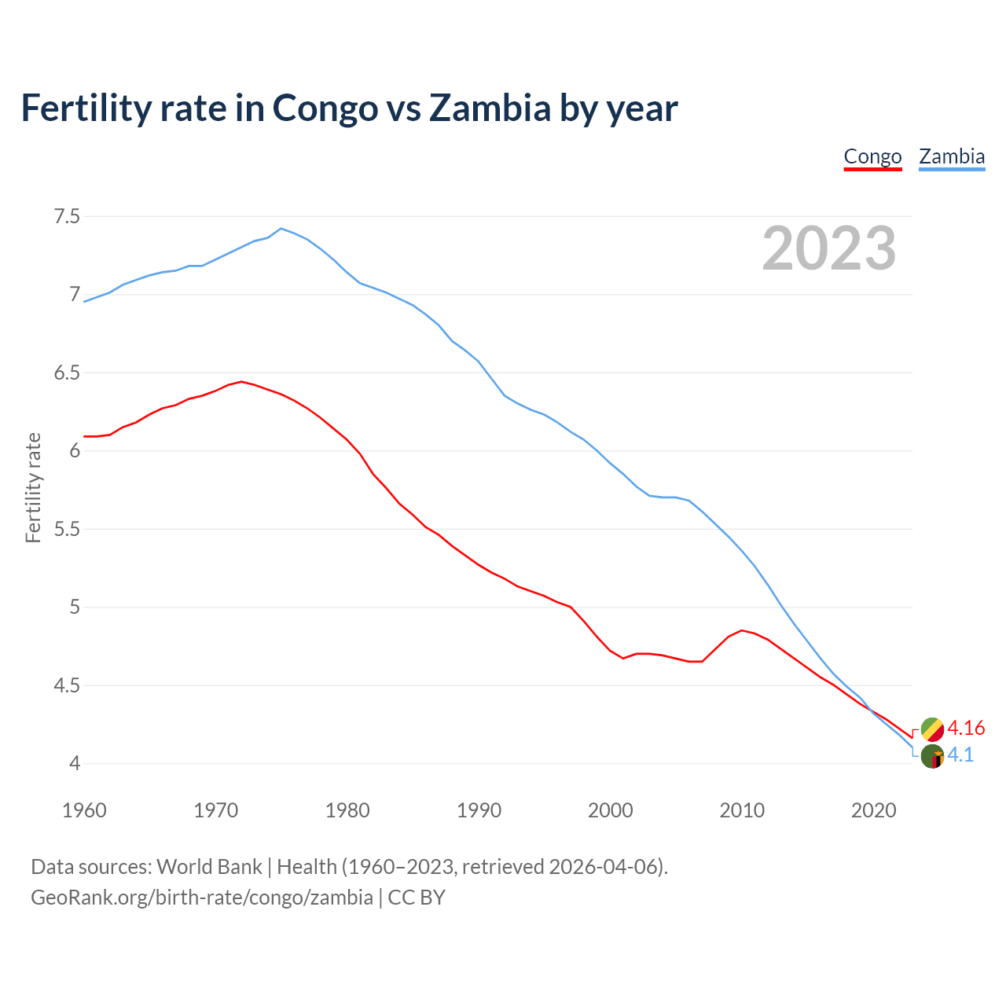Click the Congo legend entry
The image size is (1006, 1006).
point(872,156)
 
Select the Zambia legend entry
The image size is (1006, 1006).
point(952,156)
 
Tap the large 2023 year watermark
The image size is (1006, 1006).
point(829,248)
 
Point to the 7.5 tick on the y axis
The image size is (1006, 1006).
point(67,216)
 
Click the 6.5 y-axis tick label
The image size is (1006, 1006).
point(67,373)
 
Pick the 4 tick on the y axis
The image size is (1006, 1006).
point(75,763)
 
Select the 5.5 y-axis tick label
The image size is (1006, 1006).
point(67,529)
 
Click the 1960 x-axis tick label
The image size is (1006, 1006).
point(84,810)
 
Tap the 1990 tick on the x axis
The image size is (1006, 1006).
point(479,810)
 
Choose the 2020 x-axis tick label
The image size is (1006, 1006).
point(873,810)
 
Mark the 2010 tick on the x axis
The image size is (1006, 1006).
point(742,810)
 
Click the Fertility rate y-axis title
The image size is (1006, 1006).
point(33,488)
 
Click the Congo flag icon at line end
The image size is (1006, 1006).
point(932,729)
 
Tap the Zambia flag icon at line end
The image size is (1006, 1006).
point(932,756)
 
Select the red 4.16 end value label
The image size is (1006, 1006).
point(966,729)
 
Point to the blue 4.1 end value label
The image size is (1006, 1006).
point(960,755)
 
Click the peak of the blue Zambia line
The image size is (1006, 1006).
point(281,229)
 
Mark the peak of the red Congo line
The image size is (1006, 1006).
point(241,382)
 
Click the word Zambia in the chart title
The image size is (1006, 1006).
point(490,108)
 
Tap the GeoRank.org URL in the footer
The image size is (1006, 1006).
point(202,898)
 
